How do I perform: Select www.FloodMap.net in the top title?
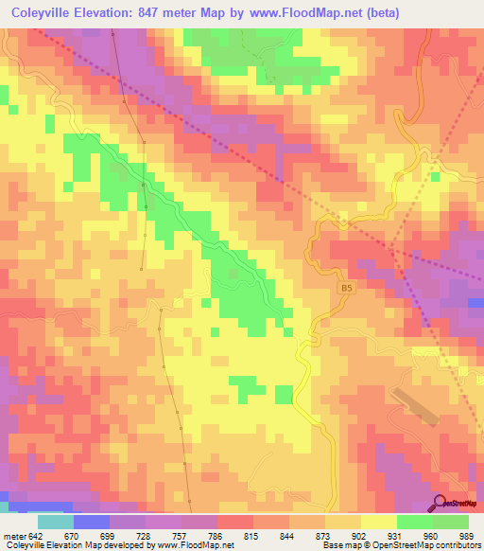point(294,12)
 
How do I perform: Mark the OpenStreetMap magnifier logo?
point(441,503)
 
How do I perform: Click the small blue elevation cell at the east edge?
point(475,303)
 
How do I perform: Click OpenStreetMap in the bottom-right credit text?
point(390,545)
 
